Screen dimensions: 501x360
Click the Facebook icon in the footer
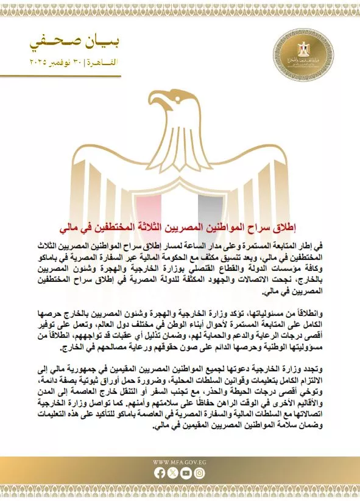pyautogui.click(x=160, y=472)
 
